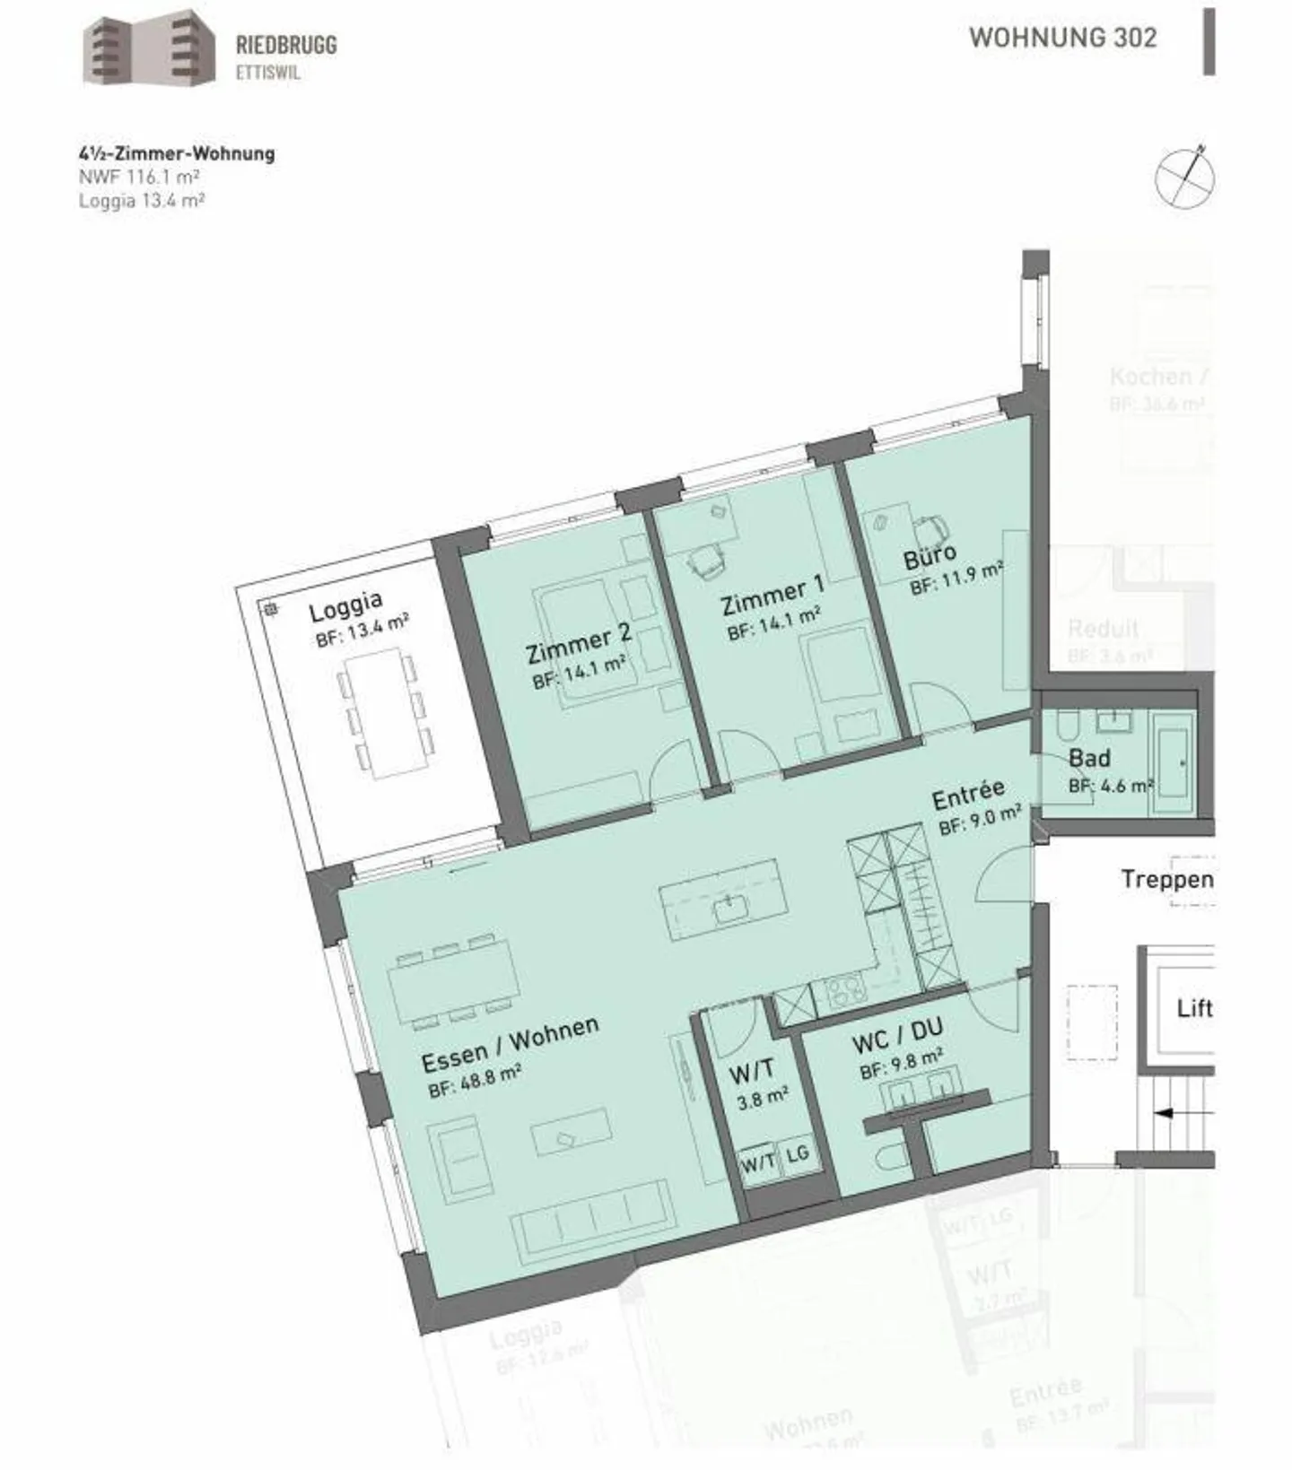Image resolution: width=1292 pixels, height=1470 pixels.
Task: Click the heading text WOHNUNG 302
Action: pos(1062,38)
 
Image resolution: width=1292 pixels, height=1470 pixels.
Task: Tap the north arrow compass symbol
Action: pos(1184,177)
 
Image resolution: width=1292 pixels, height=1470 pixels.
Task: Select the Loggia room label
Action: pos(345,605)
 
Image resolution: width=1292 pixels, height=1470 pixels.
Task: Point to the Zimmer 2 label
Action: pos(579,643)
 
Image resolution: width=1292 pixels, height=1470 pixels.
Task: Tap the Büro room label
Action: pos(930,555)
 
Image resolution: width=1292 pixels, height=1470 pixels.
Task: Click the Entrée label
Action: pos(968,793)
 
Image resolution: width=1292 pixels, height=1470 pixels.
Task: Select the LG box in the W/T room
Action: pos(797,1154)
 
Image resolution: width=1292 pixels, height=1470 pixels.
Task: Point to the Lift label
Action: pos(1194,1008)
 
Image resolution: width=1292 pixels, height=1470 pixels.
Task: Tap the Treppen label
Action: pos(1165,879)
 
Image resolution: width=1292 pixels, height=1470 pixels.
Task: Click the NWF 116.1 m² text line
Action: pos(139,177)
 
